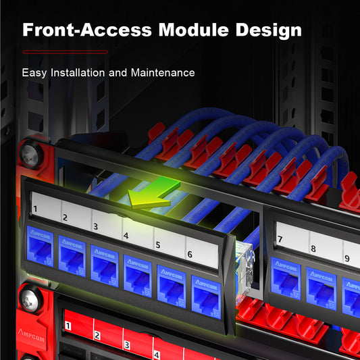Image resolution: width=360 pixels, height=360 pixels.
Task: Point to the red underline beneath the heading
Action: coord(65,51)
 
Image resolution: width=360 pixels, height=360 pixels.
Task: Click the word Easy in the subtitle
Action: coord(34,72)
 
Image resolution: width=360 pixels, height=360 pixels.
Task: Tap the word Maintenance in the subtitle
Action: coord(163,72)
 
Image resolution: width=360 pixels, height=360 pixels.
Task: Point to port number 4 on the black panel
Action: coord(126,236)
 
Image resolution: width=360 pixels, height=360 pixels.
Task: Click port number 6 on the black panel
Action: coord(190,255)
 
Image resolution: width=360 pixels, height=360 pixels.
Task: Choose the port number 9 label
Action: coord(347,258)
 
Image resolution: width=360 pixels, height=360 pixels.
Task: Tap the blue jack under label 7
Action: coord(284,275)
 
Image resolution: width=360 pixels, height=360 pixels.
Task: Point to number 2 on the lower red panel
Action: coord(97,336)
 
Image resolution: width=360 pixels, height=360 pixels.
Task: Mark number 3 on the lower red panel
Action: coord(126,345)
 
